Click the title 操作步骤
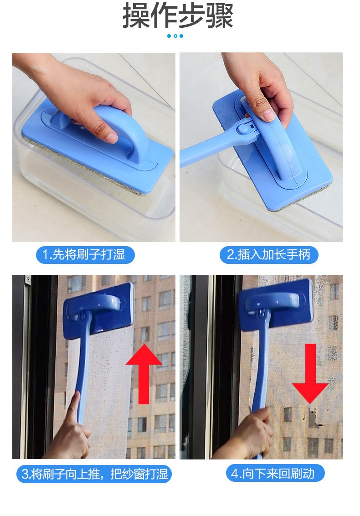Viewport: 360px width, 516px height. (178, 15)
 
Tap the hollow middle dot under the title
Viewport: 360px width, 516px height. (175, 36)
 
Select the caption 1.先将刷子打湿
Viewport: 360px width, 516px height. (85, 255)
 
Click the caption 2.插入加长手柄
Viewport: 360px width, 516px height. (269, 255)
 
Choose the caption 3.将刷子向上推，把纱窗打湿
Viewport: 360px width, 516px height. (94, 474)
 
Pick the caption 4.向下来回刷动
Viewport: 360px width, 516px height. (275, 474)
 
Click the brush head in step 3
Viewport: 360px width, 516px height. (99, 310)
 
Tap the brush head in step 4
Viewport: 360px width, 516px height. (276, 304)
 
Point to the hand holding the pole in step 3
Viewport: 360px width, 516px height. (72, 428)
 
